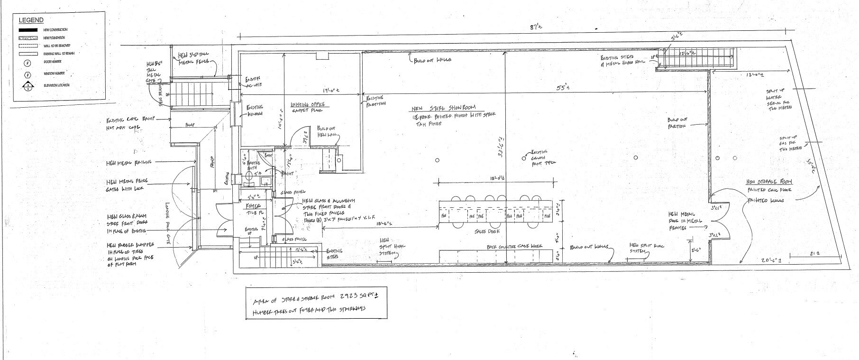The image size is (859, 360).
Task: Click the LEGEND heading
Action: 31,20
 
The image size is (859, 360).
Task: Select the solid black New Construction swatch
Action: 27,30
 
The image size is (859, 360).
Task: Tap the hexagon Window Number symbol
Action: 28,74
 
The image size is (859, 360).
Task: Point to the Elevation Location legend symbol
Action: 28,86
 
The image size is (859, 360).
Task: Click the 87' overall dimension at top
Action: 536,28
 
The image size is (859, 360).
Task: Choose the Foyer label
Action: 251,206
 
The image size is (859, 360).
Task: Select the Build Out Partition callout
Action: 678,122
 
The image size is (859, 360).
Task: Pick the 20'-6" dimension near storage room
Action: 769,261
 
